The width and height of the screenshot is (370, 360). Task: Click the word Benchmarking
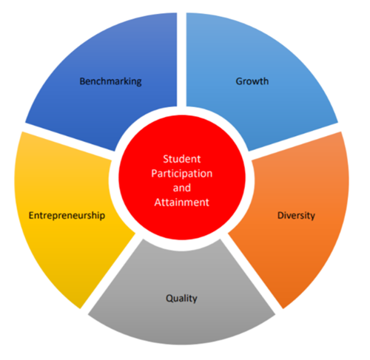click(x=110, y=81)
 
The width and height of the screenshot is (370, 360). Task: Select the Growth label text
click(x=252, y=81)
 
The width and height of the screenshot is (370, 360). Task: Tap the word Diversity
click(x=296, y=216)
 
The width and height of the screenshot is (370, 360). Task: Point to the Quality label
click(x=181, y=299)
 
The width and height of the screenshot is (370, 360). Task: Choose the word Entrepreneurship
click(x=67, y=216)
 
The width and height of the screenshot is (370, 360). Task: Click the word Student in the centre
click(x=182, y=159)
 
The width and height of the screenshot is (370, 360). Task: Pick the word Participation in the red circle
click(x=182, y=174)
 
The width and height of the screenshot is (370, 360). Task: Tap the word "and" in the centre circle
click(x=182, y=188)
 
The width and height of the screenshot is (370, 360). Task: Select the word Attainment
click(x=182, y=203)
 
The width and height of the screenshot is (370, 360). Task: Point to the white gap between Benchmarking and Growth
click(x=181, y=59)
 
